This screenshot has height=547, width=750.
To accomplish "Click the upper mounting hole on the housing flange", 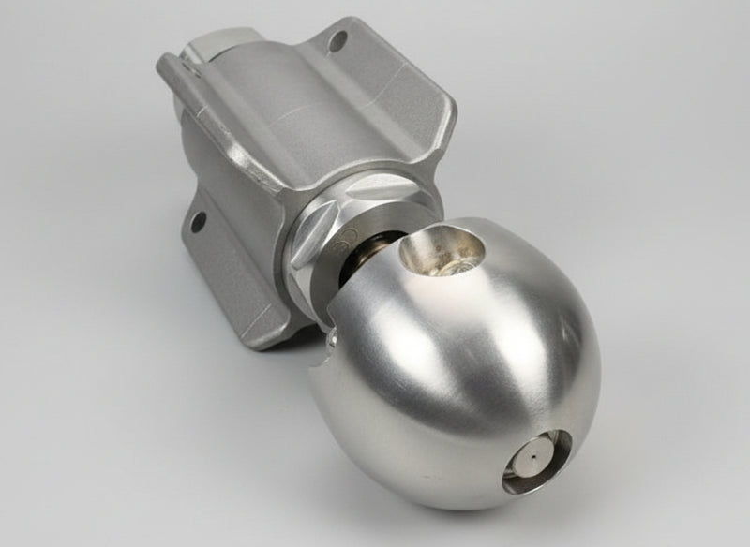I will (338, 40).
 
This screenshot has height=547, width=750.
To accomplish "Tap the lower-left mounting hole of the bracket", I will (197, 222).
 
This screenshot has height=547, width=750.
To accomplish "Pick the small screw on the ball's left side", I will (328, 351).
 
